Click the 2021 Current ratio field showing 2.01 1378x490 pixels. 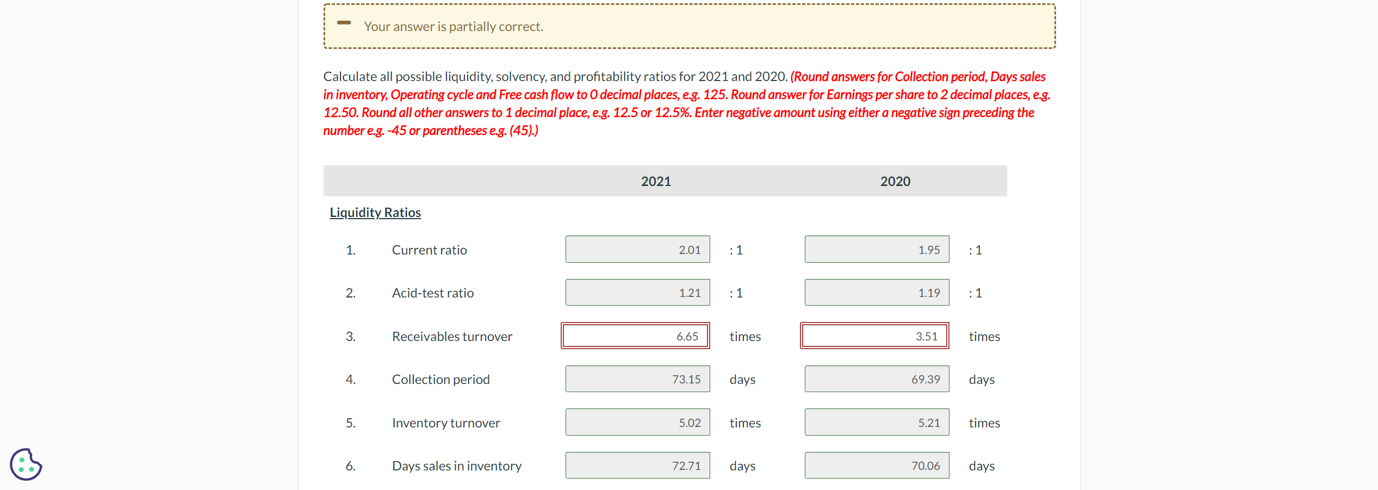(637, 250)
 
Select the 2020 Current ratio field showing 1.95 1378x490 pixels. (877, 250)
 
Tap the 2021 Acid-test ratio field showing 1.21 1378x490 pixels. (637, 293)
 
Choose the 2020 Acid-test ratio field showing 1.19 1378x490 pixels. (877, 293)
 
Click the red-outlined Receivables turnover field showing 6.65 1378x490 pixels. (635, 336)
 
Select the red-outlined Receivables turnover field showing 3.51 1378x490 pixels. (874, 336)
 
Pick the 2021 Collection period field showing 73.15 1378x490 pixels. (637, 379)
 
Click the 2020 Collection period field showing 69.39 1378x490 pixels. (877, 379)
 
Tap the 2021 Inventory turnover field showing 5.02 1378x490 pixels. (637, 423)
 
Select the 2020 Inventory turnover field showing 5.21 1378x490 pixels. (877, 423)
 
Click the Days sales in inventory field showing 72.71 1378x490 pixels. (637, 466)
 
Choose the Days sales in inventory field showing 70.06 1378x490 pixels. (877, 466)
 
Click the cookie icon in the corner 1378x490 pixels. (26, 464)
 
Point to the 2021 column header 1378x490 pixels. (656, 181)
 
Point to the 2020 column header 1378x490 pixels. (895, 181)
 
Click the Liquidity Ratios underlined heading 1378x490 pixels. (375, 213)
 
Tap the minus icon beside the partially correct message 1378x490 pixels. (344, 23)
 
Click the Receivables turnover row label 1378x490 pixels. (452, 337)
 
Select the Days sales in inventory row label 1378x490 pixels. (456, 466)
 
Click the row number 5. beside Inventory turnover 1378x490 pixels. (351, 423)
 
